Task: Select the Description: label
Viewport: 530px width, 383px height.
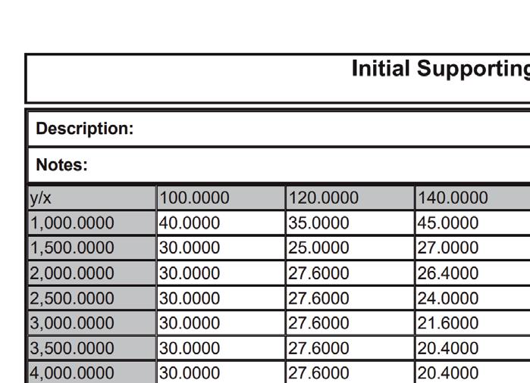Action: (85, 129)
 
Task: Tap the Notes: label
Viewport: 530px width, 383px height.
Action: (62, 165)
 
